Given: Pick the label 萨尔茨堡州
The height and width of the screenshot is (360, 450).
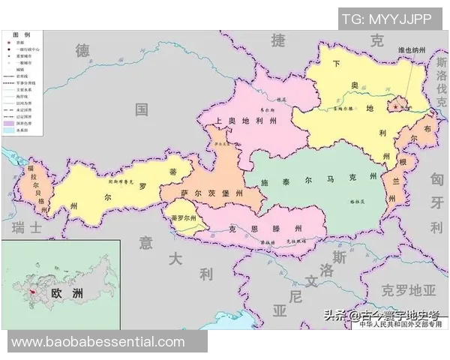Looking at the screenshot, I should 211,193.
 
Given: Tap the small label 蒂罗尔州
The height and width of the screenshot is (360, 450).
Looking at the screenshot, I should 183,218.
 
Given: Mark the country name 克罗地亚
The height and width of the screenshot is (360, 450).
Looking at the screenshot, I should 408,289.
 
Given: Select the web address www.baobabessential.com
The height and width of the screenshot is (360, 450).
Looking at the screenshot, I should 97,342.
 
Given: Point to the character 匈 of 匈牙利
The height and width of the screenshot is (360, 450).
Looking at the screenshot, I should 437,179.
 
